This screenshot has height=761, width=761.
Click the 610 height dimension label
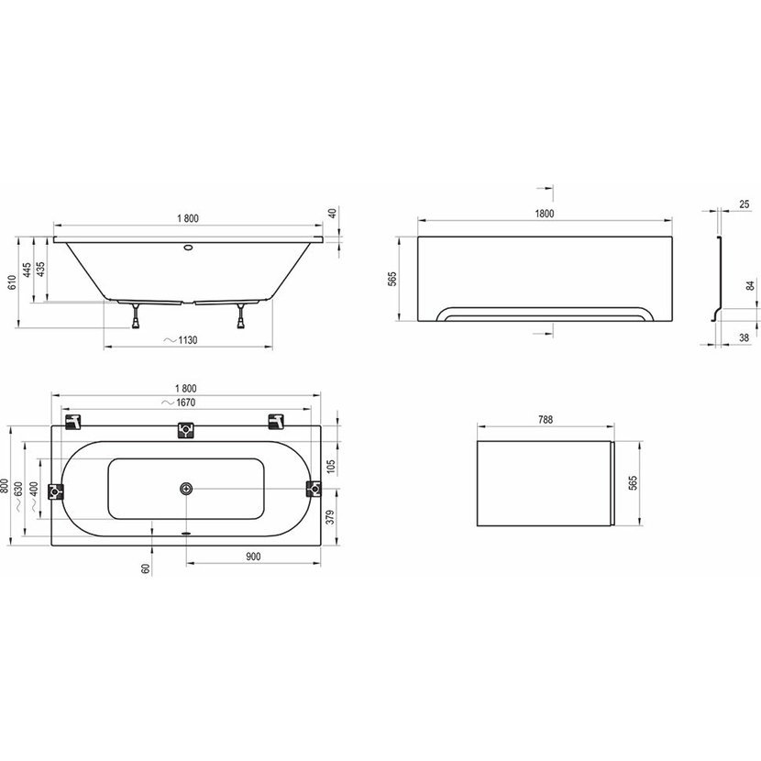point(12,282)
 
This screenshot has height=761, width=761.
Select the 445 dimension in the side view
point(28,270)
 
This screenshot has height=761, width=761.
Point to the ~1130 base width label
point(181,340)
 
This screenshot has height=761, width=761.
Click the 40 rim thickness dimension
point(333,214)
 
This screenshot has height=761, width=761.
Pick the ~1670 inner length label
point(179,403)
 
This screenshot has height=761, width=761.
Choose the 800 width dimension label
point(5,486)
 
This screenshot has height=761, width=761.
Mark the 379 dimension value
point(330,517)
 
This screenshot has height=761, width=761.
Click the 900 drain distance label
point(253,557)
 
